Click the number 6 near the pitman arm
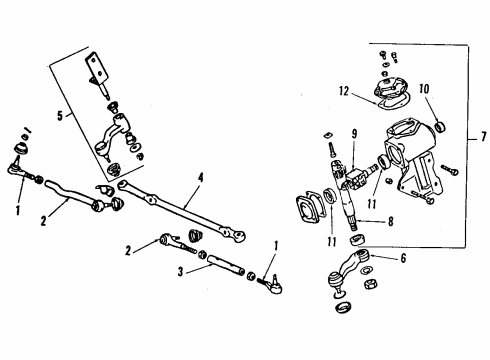404,257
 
